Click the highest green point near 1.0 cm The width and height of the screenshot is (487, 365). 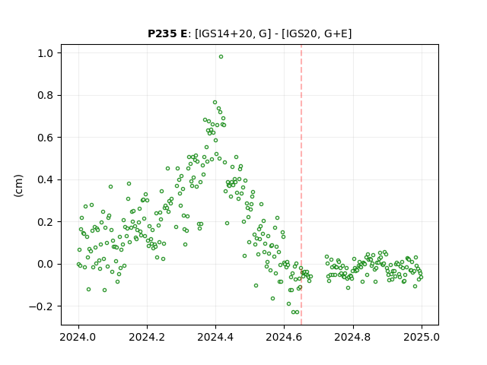[x=221, y=57]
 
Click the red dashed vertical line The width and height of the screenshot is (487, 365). [x=301, y=185]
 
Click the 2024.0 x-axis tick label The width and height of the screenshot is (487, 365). [x=78, y=337]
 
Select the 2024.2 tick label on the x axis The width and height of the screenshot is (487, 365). [x=147, y=337]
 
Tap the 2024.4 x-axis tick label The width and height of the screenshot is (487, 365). [x=215, y=337]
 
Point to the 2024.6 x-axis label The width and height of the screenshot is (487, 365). [x=284, y=337]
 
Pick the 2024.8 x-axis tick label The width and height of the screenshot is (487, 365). [x=353, y=337]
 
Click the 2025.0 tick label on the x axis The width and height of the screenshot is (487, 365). [x=422, y=337]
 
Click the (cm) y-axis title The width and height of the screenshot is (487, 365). [x=18, y=186]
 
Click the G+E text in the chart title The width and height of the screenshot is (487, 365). [x=336, y=33]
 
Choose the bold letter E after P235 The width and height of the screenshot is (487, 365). [x=183, y=33]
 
